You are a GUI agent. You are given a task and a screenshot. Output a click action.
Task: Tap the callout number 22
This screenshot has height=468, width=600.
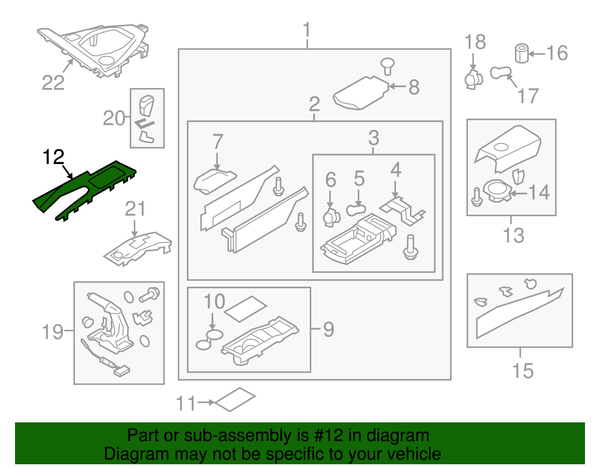(53, 83)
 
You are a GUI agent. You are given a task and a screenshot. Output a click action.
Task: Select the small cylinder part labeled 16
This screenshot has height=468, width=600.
(521, 53)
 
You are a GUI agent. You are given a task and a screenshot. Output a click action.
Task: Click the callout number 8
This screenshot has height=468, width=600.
(414, 87)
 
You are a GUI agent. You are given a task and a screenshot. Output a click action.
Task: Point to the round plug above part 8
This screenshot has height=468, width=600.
(387, 66)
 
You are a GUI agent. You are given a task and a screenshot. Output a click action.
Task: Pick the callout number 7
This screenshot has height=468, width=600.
(218, 142)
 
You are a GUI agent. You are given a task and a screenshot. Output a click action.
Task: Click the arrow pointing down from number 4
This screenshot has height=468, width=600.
(395, 189)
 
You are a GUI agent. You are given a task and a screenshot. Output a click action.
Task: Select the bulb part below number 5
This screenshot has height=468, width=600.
(355, 210)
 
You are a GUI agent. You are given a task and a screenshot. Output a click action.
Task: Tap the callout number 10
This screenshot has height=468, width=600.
(214, 301)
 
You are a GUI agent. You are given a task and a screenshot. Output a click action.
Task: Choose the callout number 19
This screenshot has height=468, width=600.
(52, 332)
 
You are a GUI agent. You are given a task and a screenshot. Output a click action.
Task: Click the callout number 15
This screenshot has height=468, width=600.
(523, 371)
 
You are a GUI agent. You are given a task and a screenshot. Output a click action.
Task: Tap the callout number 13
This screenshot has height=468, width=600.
(513, 236)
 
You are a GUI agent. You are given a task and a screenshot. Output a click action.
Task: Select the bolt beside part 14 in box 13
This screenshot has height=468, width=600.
(477, 197)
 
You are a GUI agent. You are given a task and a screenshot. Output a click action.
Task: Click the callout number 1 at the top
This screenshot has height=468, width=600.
(307, 30)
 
